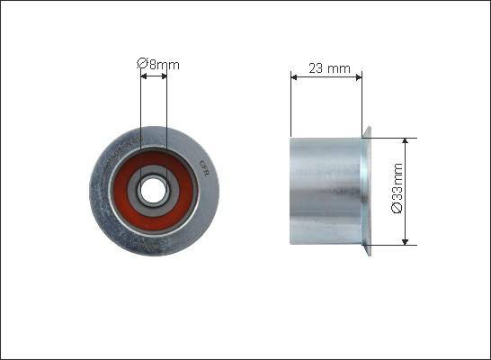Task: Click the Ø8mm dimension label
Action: [158, 64]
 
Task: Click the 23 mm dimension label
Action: [329, 68]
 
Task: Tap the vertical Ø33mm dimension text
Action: [397, 188]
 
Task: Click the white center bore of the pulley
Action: [153, 190]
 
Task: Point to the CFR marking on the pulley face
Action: [204, 168]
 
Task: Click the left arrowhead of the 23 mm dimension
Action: [294, 77]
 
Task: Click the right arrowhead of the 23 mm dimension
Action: [359, 77]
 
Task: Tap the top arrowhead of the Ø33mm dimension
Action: [406, 140]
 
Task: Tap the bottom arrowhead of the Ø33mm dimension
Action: [406, 242]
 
